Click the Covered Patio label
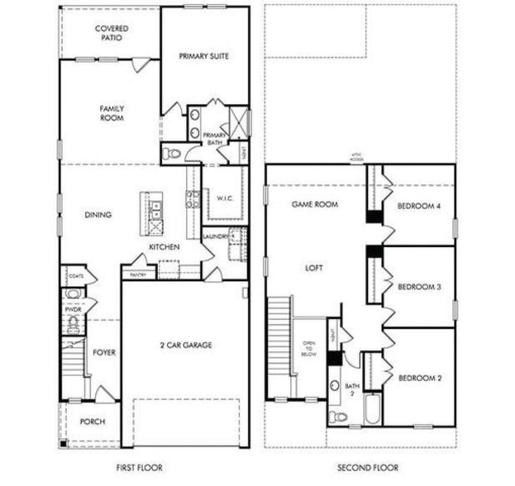[x=112, y=33]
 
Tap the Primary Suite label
[x=204, y=56]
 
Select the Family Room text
[x=112, y=113]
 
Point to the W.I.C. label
[x=225, y=199]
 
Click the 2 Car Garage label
[x=186, y=345]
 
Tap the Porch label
[x=93, y=422]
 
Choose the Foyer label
[x=104, y=352]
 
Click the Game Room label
[x=315, y=205]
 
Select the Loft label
[x=314, y=268]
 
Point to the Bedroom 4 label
[x=419, y=206]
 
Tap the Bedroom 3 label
[x=419, y=287]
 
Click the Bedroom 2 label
[x=420, y=378]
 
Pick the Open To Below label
[x=309, y=348]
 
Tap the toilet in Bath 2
[x=339, y=416]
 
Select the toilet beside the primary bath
[x=173, y=153]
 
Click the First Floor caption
[x=139, y=468]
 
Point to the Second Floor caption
[x=368, y=468]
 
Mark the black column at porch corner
[x=63, y=444]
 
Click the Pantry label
[x=138, y=275]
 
